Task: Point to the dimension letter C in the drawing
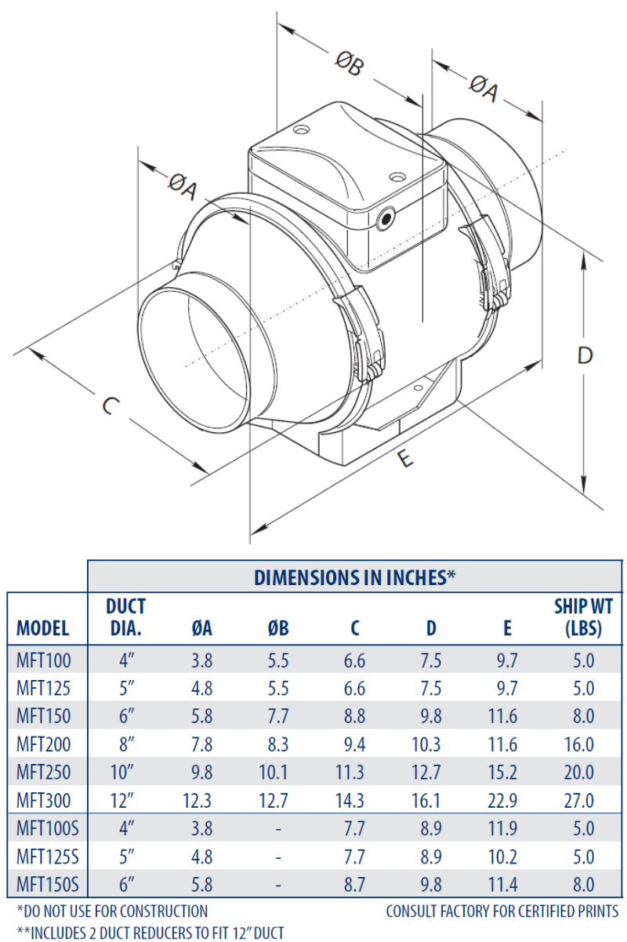[111, 406]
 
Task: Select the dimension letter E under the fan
[403, 460]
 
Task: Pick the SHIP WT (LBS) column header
[583, 617]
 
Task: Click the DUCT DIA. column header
[125, 617]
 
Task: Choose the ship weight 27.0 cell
[582, 801]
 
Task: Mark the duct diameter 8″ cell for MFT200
[126, 744]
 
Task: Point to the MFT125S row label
[47, 857]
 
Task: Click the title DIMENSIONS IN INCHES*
[355, 577]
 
